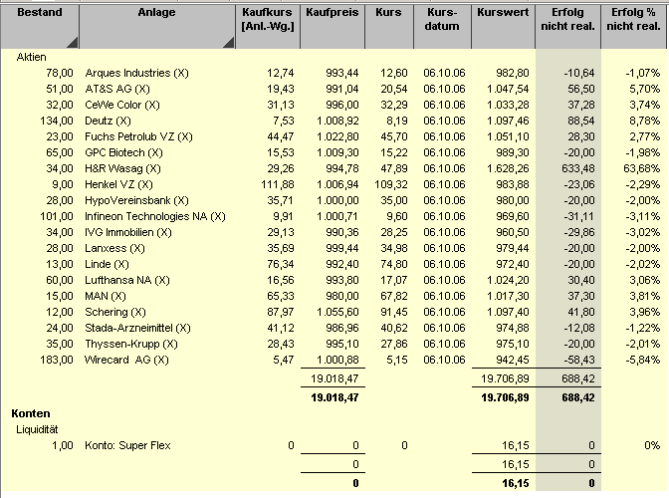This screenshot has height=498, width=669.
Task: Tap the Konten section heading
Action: (31, 412)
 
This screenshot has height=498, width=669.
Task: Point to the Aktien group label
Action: (31, 58)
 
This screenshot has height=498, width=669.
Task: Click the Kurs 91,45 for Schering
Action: (392, 312)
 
